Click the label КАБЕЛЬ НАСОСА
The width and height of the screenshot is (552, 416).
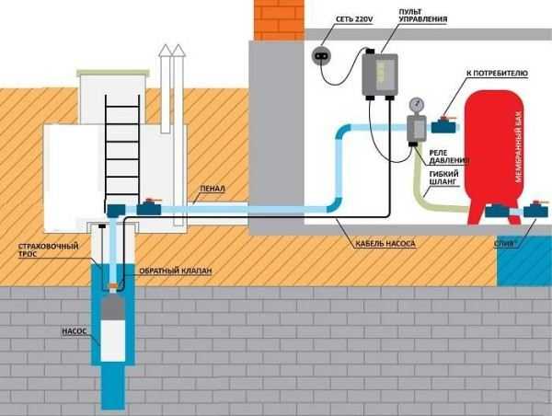coord(387,244)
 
